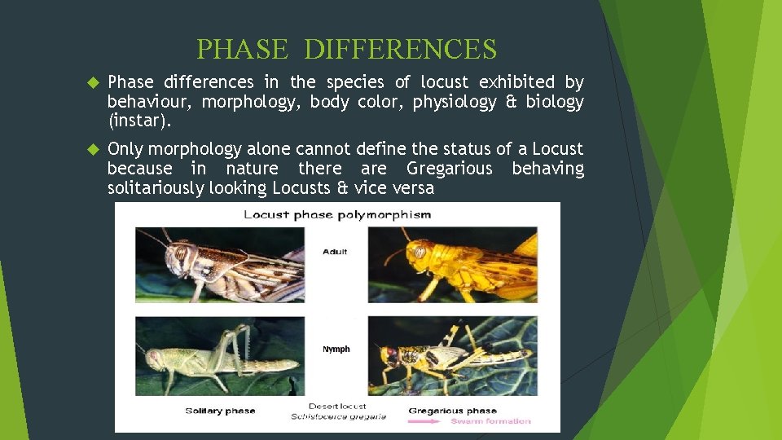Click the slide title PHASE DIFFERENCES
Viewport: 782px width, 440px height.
click(x=346, y=50)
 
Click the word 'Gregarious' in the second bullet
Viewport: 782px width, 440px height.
click(x=450, y=169)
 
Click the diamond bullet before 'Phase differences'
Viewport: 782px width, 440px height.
click(x=92, y=83)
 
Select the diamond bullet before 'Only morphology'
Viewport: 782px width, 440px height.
click(x=92, y=150)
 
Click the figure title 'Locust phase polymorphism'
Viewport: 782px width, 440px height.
click(x=338, y=215)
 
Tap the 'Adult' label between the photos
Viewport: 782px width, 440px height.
click(x=335, y=252)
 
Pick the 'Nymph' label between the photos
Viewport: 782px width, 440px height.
click(x=336, y=349)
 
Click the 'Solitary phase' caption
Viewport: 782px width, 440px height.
click(x=220, y=411)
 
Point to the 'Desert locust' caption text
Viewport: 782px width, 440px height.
click(x=337, y=406)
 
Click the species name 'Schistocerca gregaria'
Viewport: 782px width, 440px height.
click(x=338, y=417)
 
